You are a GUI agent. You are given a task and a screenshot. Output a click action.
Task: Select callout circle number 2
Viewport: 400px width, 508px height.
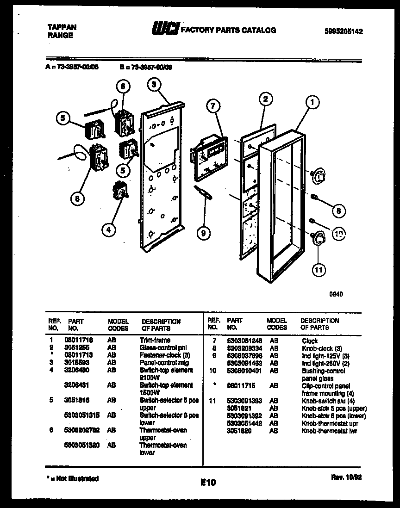264,99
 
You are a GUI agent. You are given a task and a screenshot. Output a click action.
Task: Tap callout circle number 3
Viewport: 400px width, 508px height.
155,84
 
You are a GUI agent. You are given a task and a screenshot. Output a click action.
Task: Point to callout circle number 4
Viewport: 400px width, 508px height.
108,229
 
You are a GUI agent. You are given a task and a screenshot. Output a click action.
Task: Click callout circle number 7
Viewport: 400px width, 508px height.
212,106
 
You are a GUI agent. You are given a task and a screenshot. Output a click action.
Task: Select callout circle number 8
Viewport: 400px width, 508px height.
338,211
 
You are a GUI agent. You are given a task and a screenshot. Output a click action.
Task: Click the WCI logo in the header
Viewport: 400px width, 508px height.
164,30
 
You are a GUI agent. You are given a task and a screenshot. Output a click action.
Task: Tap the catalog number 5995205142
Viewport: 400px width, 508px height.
344,31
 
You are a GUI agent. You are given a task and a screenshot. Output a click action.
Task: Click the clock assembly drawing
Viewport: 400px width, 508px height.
207,157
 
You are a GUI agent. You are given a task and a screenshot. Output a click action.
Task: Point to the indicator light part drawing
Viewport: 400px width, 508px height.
205,193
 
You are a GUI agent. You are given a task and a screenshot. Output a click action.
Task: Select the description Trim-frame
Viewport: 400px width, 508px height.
155,340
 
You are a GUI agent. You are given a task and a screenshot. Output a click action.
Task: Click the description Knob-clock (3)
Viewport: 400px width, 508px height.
322,348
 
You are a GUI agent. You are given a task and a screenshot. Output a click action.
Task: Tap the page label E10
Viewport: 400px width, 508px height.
208,482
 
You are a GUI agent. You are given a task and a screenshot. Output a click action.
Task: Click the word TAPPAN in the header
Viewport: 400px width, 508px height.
62,27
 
